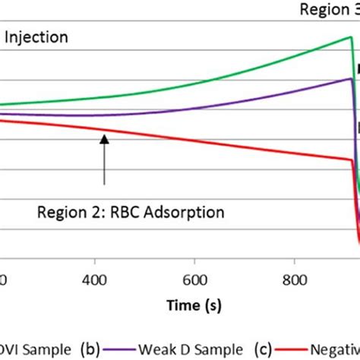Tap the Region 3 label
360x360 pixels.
pos(326,10)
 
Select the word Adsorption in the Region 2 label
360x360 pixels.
pos(180,212)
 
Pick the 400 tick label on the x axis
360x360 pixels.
pos(95,279)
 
